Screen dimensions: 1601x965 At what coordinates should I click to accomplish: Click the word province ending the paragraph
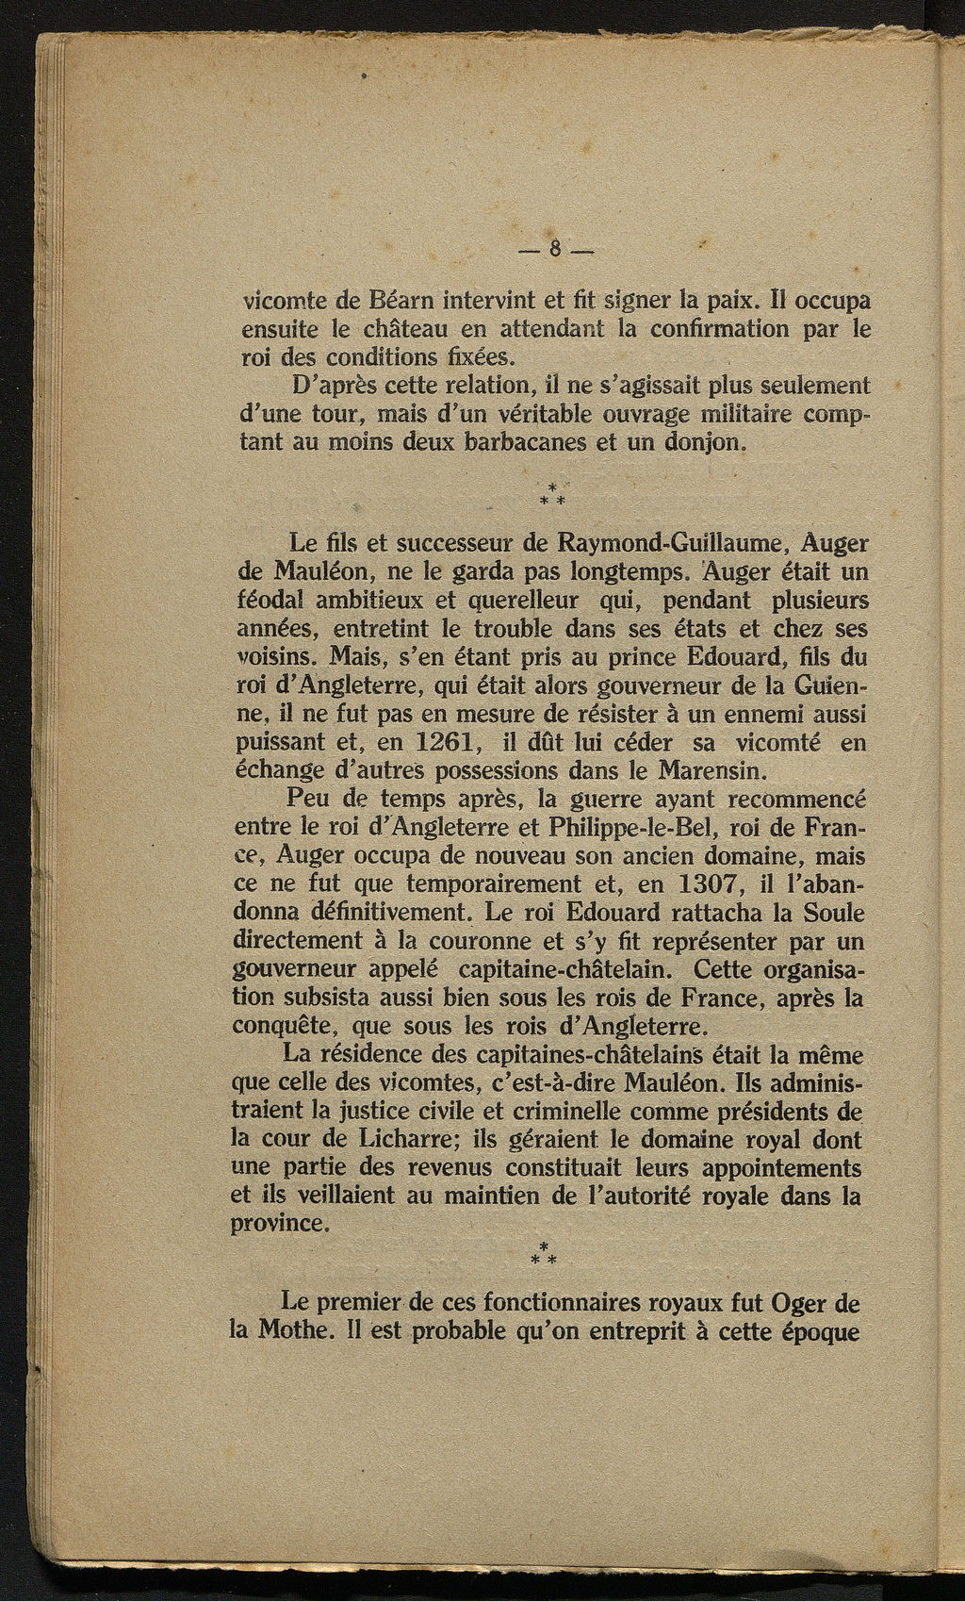click(x=279, y=1225)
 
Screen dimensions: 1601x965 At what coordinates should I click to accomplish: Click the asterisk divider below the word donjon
click(x=550, y=493)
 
